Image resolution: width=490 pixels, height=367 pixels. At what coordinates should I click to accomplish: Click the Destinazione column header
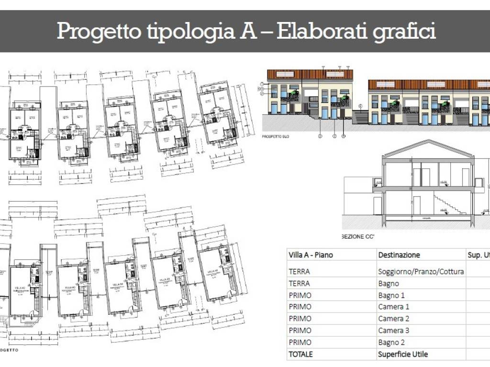[399, 255]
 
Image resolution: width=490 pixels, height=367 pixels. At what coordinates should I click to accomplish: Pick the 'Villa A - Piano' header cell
[311, 255]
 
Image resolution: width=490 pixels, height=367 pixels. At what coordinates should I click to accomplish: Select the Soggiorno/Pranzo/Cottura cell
[421, 271]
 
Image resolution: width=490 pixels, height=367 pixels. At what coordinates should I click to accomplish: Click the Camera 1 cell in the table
[394, 307]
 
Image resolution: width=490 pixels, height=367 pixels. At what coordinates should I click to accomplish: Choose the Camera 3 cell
[394, 330]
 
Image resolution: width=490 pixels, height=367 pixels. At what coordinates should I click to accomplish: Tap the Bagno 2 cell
[391, 342]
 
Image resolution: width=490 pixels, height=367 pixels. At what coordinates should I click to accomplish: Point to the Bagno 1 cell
[391, 295]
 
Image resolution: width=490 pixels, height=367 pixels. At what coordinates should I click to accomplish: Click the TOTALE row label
[301, 354]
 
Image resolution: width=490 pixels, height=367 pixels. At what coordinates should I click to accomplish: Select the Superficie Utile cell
[403, 354]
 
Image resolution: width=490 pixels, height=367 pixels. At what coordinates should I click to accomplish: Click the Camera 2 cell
[394, 319]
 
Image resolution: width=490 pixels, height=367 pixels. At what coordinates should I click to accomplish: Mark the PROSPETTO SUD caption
[276, 137]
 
